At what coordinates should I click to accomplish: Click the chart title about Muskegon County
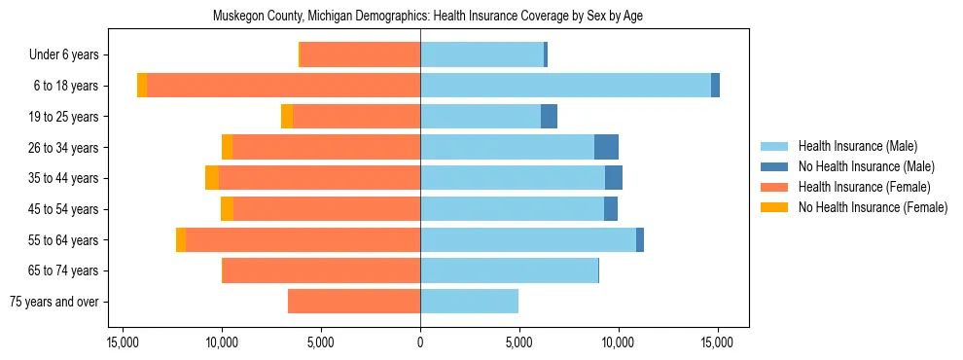tap(428, 16)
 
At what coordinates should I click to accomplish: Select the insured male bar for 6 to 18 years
tap(565, 86)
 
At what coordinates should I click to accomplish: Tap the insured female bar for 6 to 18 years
tap(283, 86)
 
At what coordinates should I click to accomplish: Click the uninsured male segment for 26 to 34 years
tap(606, 147)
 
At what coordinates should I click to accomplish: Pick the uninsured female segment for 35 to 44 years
tap(212, 178)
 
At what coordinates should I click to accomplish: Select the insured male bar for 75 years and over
tap(469, 302)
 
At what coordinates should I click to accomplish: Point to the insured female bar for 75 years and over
tap(354, 302)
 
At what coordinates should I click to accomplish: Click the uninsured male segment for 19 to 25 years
tap(549, 117)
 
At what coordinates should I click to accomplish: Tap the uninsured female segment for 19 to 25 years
tap(287, 117)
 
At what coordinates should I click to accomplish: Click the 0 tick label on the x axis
tap(420, 342)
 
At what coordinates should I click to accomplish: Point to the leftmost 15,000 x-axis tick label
tap(123, 342)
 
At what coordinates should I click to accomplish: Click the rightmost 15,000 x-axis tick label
tap(717, 342)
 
